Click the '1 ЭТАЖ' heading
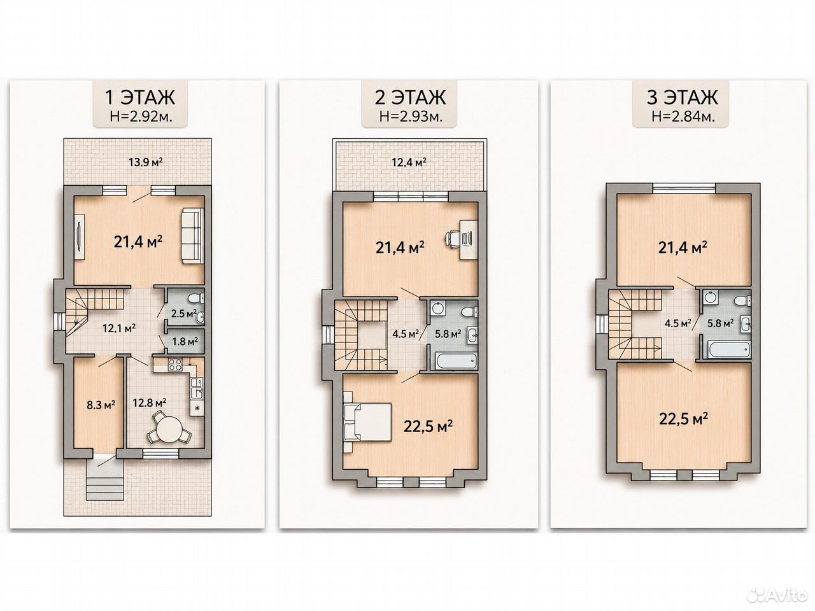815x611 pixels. click(140, 97)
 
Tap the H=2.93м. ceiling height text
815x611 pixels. click(411, 116)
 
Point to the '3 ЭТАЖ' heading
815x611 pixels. click(682, 97)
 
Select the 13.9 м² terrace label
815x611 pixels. click(146, 162)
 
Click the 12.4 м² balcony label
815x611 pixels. click(409, 162)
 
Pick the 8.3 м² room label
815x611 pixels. click(101, 404)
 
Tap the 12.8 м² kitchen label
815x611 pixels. click(149, 402)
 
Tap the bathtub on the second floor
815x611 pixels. click(456, 360)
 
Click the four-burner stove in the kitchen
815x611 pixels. click(174, 365)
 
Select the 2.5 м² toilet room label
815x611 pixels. click(183, 314)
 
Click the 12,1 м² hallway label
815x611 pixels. click(119, 328)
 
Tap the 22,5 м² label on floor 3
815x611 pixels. click(683, 419)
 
